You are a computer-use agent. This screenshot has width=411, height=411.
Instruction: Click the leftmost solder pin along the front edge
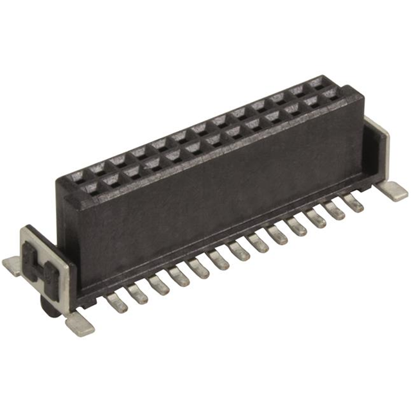(117, 304)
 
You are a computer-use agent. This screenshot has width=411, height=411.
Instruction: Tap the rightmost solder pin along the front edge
(353, 204)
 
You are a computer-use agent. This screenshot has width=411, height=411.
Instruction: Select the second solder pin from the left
(137, 293)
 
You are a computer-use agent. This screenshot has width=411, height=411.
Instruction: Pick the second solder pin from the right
(335, 211)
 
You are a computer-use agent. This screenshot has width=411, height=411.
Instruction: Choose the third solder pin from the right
(316, 218)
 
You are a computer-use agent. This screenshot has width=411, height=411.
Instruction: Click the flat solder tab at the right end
(392, 190)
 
